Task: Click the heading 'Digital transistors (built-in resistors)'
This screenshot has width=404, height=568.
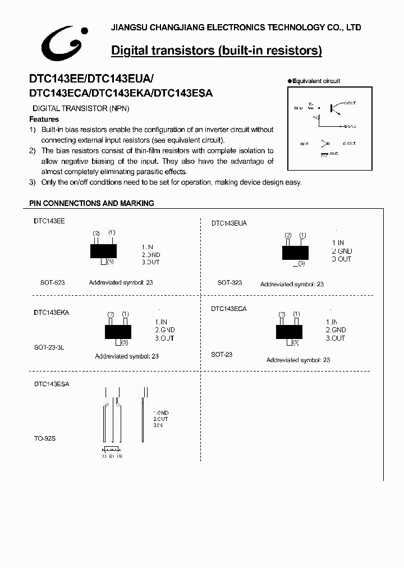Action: click(217, 51)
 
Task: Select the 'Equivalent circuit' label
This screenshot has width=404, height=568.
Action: click(316, 81)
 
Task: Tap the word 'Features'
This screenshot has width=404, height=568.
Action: click(44, 120)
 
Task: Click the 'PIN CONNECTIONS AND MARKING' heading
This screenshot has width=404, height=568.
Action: click(91, 203)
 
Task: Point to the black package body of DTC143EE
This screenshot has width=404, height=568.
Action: click(103, 250)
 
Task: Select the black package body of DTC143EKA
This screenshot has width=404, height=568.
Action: click(118, 332)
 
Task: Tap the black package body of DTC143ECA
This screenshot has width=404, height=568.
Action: click(289, 331)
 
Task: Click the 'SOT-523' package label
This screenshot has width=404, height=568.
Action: click(52, 282)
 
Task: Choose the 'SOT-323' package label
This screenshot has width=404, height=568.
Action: click(230, 282)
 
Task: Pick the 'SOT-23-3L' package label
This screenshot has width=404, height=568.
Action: click(49, 347)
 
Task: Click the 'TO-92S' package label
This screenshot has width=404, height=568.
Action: click(45, 438)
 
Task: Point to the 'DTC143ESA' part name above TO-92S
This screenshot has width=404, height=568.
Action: click(52, 384)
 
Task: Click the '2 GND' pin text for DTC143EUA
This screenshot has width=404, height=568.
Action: click(342, 251)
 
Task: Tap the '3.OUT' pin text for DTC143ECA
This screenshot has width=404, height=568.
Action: click(336, 338)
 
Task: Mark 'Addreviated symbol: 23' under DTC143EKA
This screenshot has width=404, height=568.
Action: click(127, 356)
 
